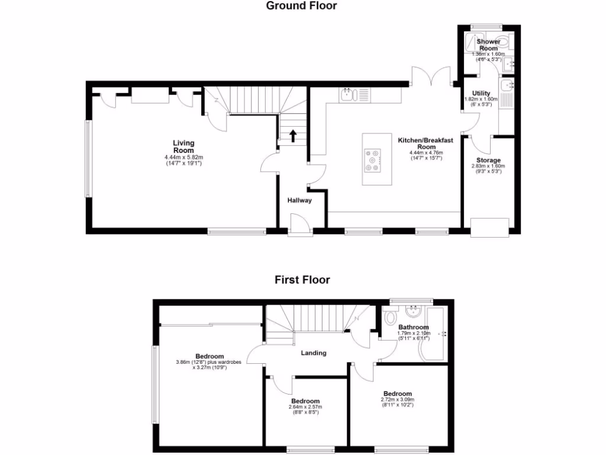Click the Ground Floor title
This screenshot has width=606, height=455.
tap(301, 6)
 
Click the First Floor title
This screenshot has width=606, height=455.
tap(302, 280)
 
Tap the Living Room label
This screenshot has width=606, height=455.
tap(183, 146)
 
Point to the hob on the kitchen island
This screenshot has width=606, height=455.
tap(373, 161)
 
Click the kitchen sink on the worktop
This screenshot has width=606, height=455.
tap(347, 94)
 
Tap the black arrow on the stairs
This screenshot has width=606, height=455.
tap(293, 136)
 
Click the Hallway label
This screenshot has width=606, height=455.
tap(299, 200)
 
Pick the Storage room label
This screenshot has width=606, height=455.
tap(488, 160)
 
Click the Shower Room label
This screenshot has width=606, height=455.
tap(488, 45)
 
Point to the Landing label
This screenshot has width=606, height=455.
tap(313, 353)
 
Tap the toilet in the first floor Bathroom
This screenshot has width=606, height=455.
tap(391, 318)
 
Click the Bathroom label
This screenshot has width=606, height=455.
tap(413, 327)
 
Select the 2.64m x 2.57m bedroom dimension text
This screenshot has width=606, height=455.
tap(305, 407)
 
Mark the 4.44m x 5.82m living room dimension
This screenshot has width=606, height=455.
tap(183, 157)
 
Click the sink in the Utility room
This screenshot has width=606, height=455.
tap(508, 87)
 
